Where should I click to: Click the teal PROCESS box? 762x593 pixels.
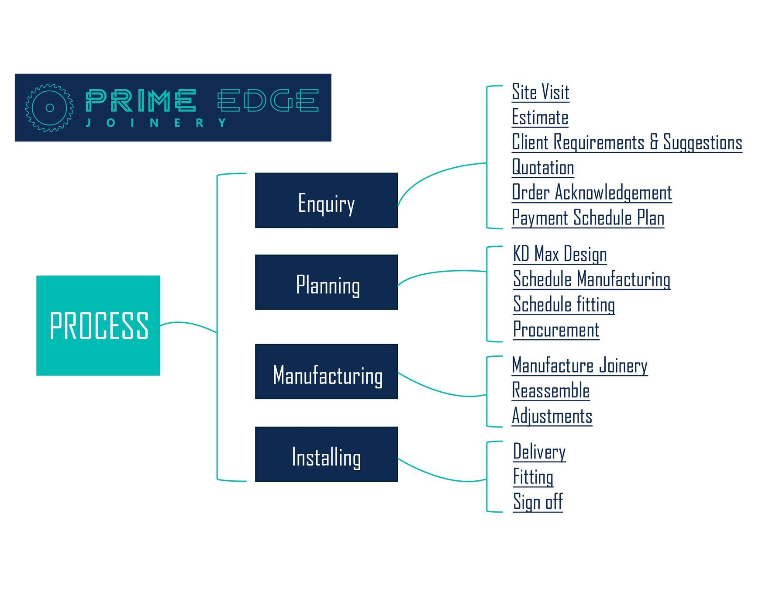(98, 325)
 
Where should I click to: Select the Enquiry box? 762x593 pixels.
(326, 200)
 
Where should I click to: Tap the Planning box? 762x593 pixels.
(326, 283)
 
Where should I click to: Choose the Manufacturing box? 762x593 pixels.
(326, 372)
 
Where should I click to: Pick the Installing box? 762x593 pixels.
(326, 454)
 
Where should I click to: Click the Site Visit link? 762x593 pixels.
(541, 92)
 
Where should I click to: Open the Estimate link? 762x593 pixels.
(540, 117)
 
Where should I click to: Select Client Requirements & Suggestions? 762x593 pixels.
(627, 143)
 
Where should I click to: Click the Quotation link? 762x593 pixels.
(543, 168)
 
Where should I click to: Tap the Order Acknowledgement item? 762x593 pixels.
(592, 193)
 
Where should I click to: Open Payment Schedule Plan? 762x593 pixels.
(588, 218)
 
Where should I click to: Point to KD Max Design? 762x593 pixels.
(560, 254)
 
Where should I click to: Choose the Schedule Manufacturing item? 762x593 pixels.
(592, 279)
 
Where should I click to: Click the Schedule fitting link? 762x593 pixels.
(564, 304)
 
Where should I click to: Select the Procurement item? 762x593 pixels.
(556, 330)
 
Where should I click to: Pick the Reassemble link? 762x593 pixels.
(551, 391)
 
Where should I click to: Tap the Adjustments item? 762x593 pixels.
(552, 416)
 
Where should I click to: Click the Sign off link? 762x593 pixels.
(538, 502)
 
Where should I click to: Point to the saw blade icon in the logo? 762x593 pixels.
(49, 108)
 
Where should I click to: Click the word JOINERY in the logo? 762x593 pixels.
(156, 123)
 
